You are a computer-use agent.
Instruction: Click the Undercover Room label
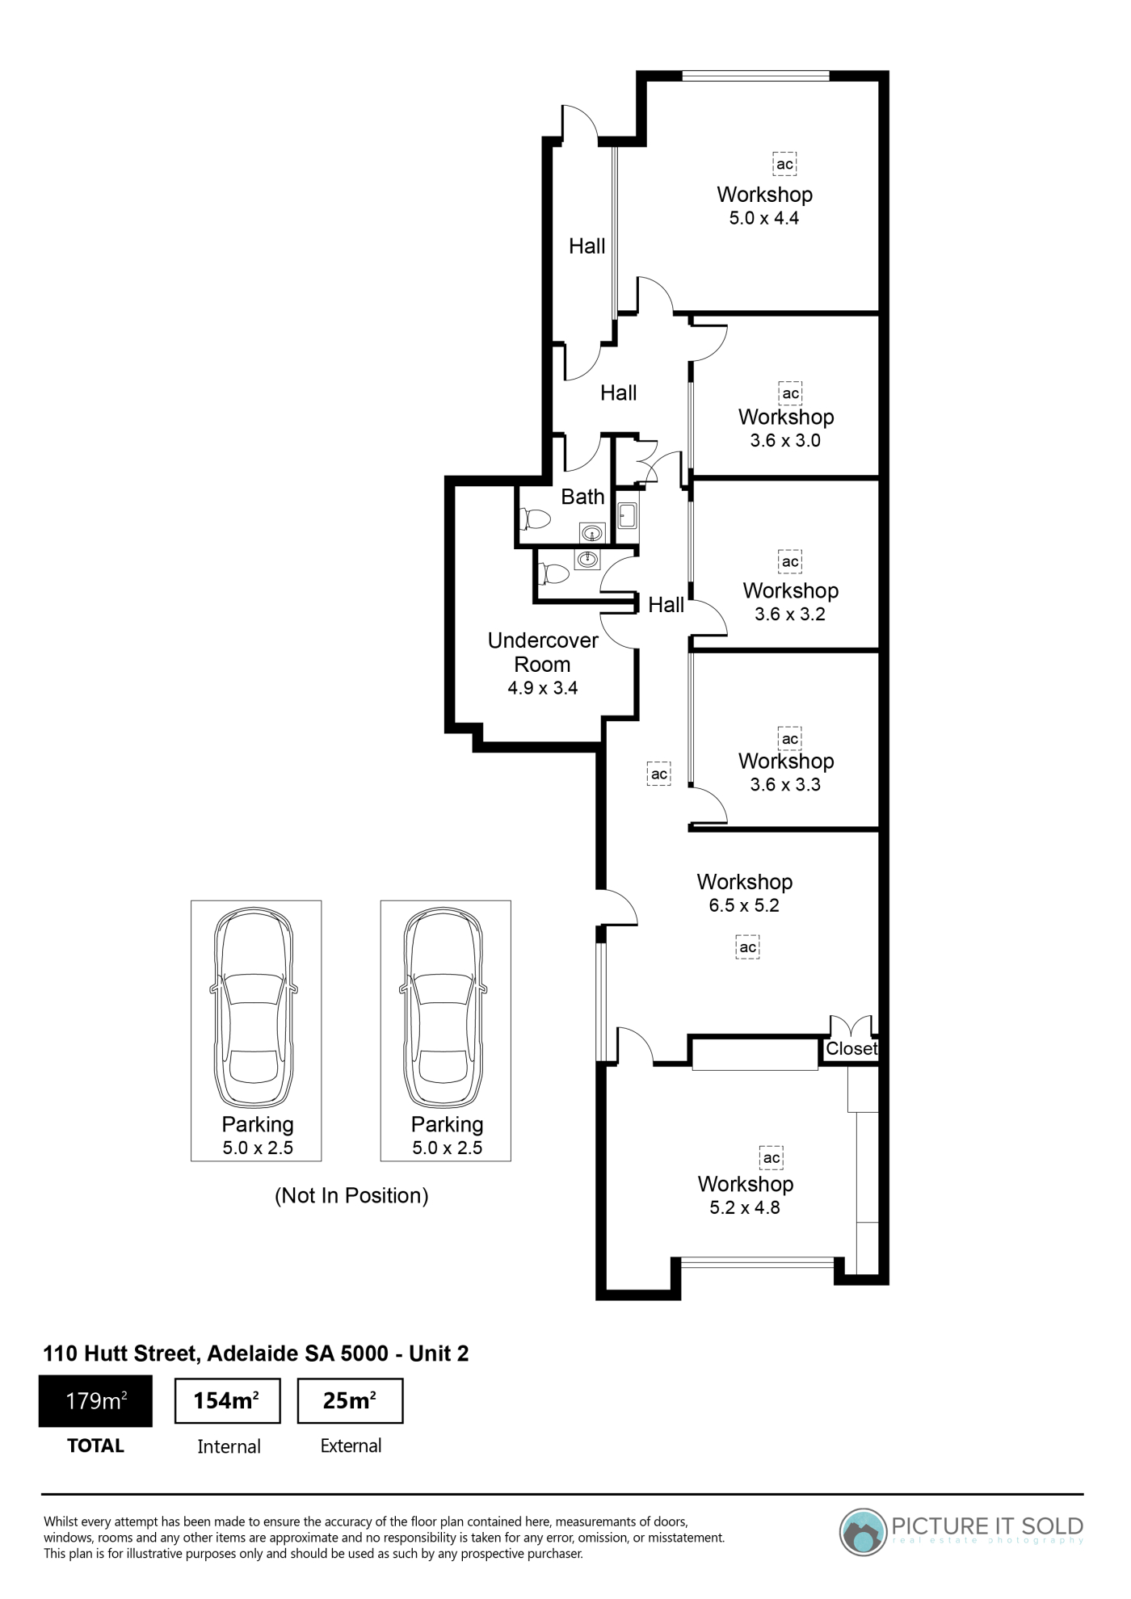coord(543,653)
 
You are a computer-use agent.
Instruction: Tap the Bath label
coord(582,497)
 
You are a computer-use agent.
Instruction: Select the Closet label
coord(851,1048)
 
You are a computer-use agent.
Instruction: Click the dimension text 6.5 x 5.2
coord(744,905)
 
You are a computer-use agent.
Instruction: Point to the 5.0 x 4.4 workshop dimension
coord(764,218)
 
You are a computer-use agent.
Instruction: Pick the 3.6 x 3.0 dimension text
coord(785,440)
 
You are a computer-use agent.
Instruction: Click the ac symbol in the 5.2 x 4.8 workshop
coord(772,1158)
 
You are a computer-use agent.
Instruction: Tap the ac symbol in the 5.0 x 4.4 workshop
coord(784,164)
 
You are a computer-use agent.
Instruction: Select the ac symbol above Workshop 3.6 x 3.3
coord(790,738)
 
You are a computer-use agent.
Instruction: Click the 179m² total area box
coord(95,1401)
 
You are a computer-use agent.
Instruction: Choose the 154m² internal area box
coord(228,1401)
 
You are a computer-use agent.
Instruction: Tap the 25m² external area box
coord(350,1401)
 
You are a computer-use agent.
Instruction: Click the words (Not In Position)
coord(351,1195)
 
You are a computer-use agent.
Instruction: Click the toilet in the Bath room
coord(535,518)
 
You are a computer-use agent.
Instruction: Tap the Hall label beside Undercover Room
coord(666,604)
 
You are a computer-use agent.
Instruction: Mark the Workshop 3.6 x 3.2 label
coord(790,602)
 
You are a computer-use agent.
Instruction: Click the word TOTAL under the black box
coord(95,1446)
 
